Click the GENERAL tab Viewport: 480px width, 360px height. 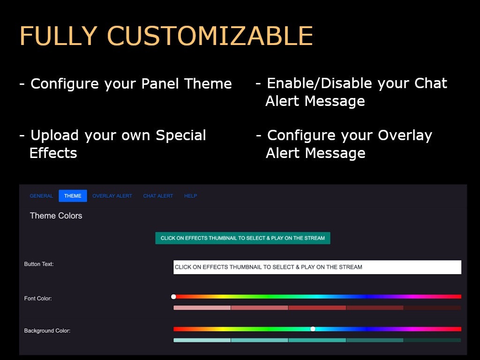click(41, 196)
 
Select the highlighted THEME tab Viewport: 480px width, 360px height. click(73, 196)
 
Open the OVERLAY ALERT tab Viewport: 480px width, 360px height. click(112, 196)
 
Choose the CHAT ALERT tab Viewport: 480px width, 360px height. click(158, 196)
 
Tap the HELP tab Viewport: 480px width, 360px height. click(190, 196)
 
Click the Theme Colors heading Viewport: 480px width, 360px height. click(56, 216)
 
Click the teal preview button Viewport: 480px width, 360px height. click(243, 238)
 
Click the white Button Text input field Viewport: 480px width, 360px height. click(317, 267)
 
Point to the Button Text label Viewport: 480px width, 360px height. click(39, 264)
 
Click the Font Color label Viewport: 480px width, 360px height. click(38, 298)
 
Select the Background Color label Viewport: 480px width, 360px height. click(47, 330)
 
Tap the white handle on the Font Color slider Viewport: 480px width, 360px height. click(173, 296)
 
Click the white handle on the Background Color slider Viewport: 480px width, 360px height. click(313, 329)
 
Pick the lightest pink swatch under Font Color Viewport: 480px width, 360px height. click(202, 307)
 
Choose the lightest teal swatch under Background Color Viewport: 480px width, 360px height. click(202, 340)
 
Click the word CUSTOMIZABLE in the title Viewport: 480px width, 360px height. click(210, 36)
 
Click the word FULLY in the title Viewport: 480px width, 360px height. click(59, 36)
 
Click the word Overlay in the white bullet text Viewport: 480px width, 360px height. click(405, 135)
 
